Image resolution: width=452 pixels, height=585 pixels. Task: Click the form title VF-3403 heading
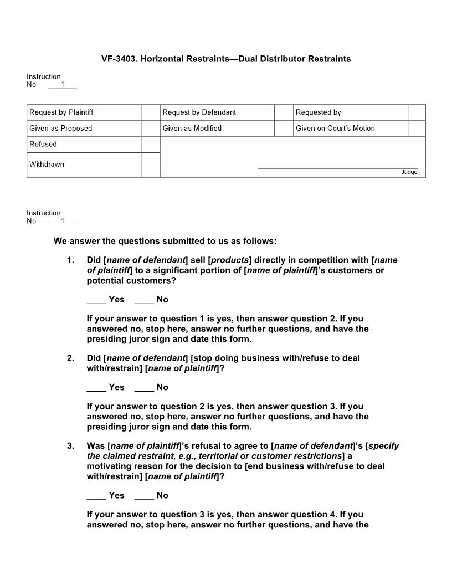click(226, 59)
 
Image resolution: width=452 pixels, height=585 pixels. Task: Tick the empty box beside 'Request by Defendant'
click(284, 112)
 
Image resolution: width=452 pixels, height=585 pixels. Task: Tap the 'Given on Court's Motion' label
click(335, 128)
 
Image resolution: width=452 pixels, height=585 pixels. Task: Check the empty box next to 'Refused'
click(150, 145)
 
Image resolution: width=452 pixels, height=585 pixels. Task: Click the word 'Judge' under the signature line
click(409, 172)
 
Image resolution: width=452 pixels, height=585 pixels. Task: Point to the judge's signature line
click(337, 168)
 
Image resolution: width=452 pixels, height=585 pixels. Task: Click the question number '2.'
click(70, 358)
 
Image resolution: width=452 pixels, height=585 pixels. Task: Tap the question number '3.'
click(70, 445)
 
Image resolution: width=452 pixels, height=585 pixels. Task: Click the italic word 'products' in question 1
click(229, 260)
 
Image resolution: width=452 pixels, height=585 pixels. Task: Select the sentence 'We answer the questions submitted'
click(165, 241)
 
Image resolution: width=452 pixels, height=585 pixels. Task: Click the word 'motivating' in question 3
click(108, 466)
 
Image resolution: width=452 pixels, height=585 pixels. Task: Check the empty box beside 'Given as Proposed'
click(150, 129)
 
